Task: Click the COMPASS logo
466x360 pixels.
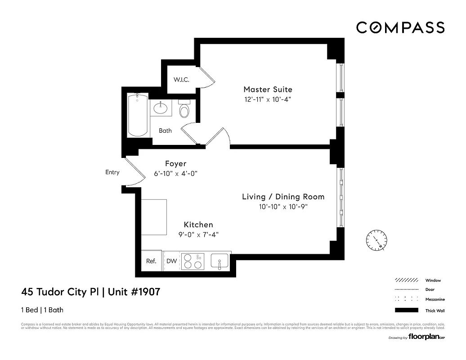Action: point(400,27)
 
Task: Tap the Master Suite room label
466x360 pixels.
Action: point(268,90)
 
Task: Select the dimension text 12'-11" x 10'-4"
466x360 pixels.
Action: point(268,99)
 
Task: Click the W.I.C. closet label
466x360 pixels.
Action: point(182,80)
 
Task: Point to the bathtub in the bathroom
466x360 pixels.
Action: point(137,115)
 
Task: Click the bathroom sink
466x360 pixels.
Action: point(160,108)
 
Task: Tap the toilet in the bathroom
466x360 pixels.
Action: point(184,109)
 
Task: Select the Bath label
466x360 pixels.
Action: point(165,131)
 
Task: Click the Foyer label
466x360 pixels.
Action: point(175,164)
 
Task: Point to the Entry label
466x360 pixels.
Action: point(112,172)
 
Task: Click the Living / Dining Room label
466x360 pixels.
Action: point(283,197)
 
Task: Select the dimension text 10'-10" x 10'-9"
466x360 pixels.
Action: point(283,207)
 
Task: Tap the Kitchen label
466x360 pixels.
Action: point(198,225)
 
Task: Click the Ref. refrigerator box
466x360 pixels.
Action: point(152,261)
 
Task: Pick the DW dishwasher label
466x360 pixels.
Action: point(171,261)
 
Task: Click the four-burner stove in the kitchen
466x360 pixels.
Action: point(193,261)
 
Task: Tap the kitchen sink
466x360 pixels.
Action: point(220,261)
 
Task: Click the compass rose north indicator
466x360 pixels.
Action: point(377,240)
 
